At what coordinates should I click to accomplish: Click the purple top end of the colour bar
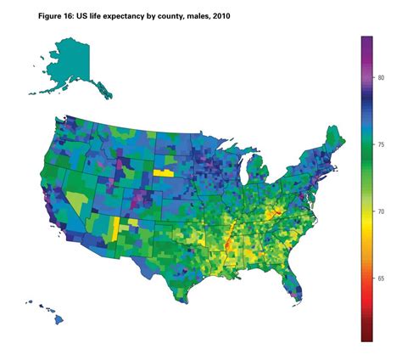coord(367,41)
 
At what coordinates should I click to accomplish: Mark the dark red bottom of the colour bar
coord(367,336)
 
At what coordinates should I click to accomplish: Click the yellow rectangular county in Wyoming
coord(163,172)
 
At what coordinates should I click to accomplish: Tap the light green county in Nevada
coord(78,200)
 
